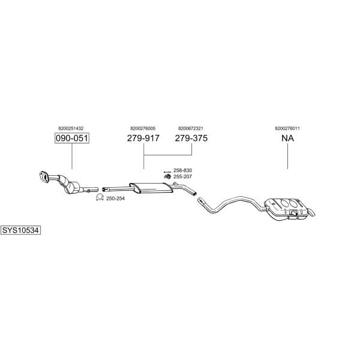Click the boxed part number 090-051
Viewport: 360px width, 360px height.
[72, 138]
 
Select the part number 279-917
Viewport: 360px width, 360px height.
[143, 138]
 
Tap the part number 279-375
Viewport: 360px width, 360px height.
[191, 138]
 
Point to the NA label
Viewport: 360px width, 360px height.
[287, 138]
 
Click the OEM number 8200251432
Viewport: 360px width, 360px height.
[71, 128]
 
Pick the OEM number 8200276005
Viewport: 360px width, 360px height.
[143, 128]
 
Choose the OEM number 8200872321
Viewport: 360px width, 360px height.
[191, 128]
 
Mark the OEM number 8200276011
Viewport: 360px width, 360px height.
[287, 128]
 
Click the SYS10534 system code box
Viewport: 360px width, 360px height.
[20, 230]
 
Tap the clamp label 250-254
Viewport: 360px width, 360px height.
[115, 199]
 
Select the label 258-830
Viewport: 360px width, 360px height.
[183, 170]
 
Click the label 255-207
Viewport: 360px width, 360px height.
[183, 176]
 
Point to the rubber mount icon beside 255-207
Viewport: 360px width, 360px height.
[167, 176]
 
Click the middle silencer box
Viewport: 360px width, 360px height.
[151, 188]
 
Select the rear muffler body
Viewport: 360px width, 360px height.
[287, 208]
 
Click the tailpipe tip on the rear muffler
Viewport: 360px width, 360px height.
[312, 212]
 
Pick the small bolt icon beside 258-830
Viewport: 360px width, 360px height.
[167, 172]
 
